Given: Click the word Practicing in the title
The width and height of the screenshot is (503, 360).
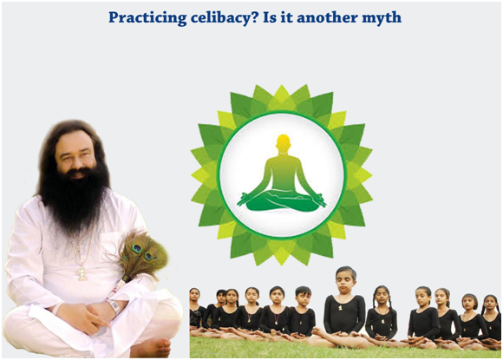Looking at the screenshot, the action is pos(147,18).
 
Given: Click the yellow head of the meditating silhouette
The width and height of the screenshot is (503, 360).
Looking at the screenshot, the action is pos(284,143).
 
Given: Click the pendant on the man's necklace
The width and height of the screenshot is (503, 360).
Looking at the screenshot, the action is pos(82,272).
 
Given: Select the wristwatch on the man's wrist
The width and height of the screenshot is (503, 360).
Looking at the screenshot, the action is pos(114,306).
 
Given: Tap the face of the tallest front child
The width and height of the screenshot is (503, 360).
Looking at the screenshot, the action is pos(345,282).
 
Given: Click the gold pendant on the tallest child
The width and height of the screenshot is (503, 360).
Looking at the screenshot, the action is pos(341,308).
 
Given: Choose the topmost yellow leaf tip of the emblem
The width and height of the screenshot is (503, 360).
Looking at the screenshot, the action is pos(282,85).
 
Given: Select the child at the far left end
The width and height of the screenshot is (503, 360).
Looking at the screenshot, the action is pos(196,311).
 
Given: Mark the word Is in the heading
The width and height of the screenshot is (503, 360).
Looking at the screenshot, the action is pos(270,18).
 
